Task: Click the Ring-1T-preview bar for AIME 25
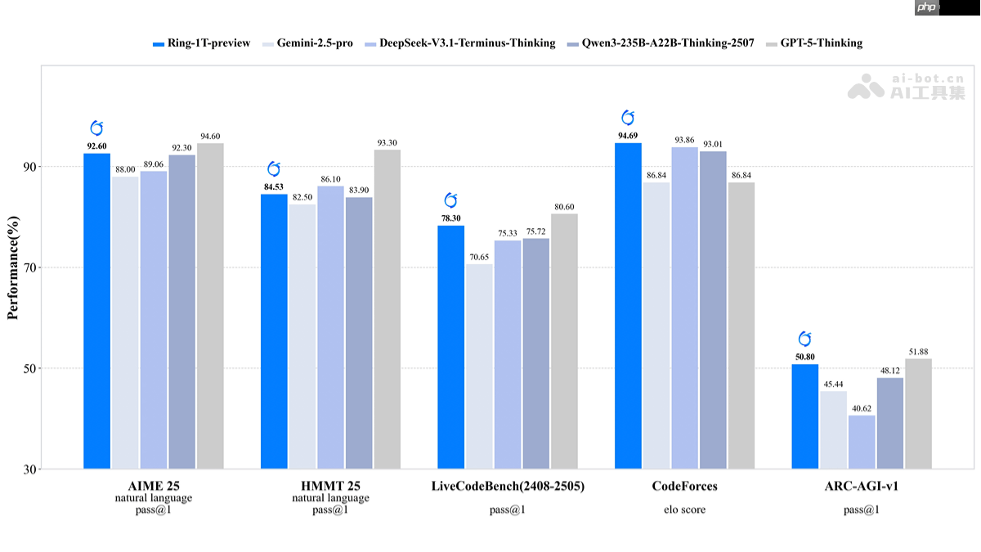[96, 311]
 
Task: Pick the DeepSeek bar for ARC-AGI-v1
[862, 442]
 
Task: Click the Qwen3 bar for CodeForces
[713, 310]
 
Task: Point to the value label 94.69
[628, 136]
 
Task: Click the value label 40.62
[862, 408]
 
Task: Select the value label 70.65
[480, 257]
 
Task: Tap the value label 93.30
[387, 143]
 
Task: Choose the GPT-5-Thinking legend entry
[815, 43]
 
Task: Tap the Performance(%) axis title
[12, 267]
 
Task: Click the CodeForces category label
[684, 487]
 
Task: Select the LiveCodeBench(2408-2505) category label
[508, 487]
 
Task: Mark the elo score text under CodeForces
[684, 509]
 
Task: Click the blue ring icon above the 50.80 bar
[804, 339]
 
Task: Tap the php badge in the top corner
[926, 7]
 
